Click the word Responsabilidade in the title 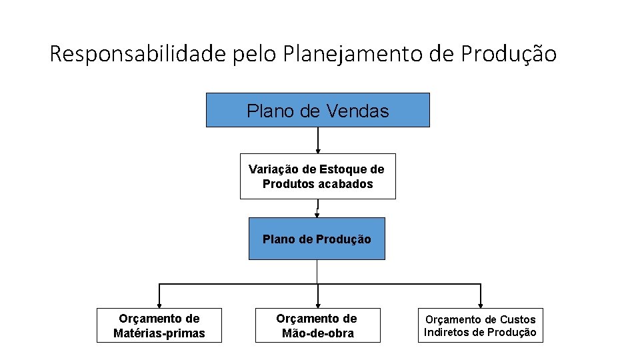138,53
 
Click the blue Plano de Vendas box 317,110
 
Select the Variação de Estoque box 317,177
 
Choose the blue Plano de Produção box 317,239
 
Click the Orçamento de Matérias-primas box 159,325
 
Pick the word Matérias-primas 159,333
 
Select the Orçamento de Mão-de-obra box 317,325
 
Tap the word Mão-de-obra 317,333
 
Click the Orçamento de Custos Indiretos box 480,325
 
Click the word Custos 517,319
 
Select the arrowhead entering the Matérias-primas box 159,304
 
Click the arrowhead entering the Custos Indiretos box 481,304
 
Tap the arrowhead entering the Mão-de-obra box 317,304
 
